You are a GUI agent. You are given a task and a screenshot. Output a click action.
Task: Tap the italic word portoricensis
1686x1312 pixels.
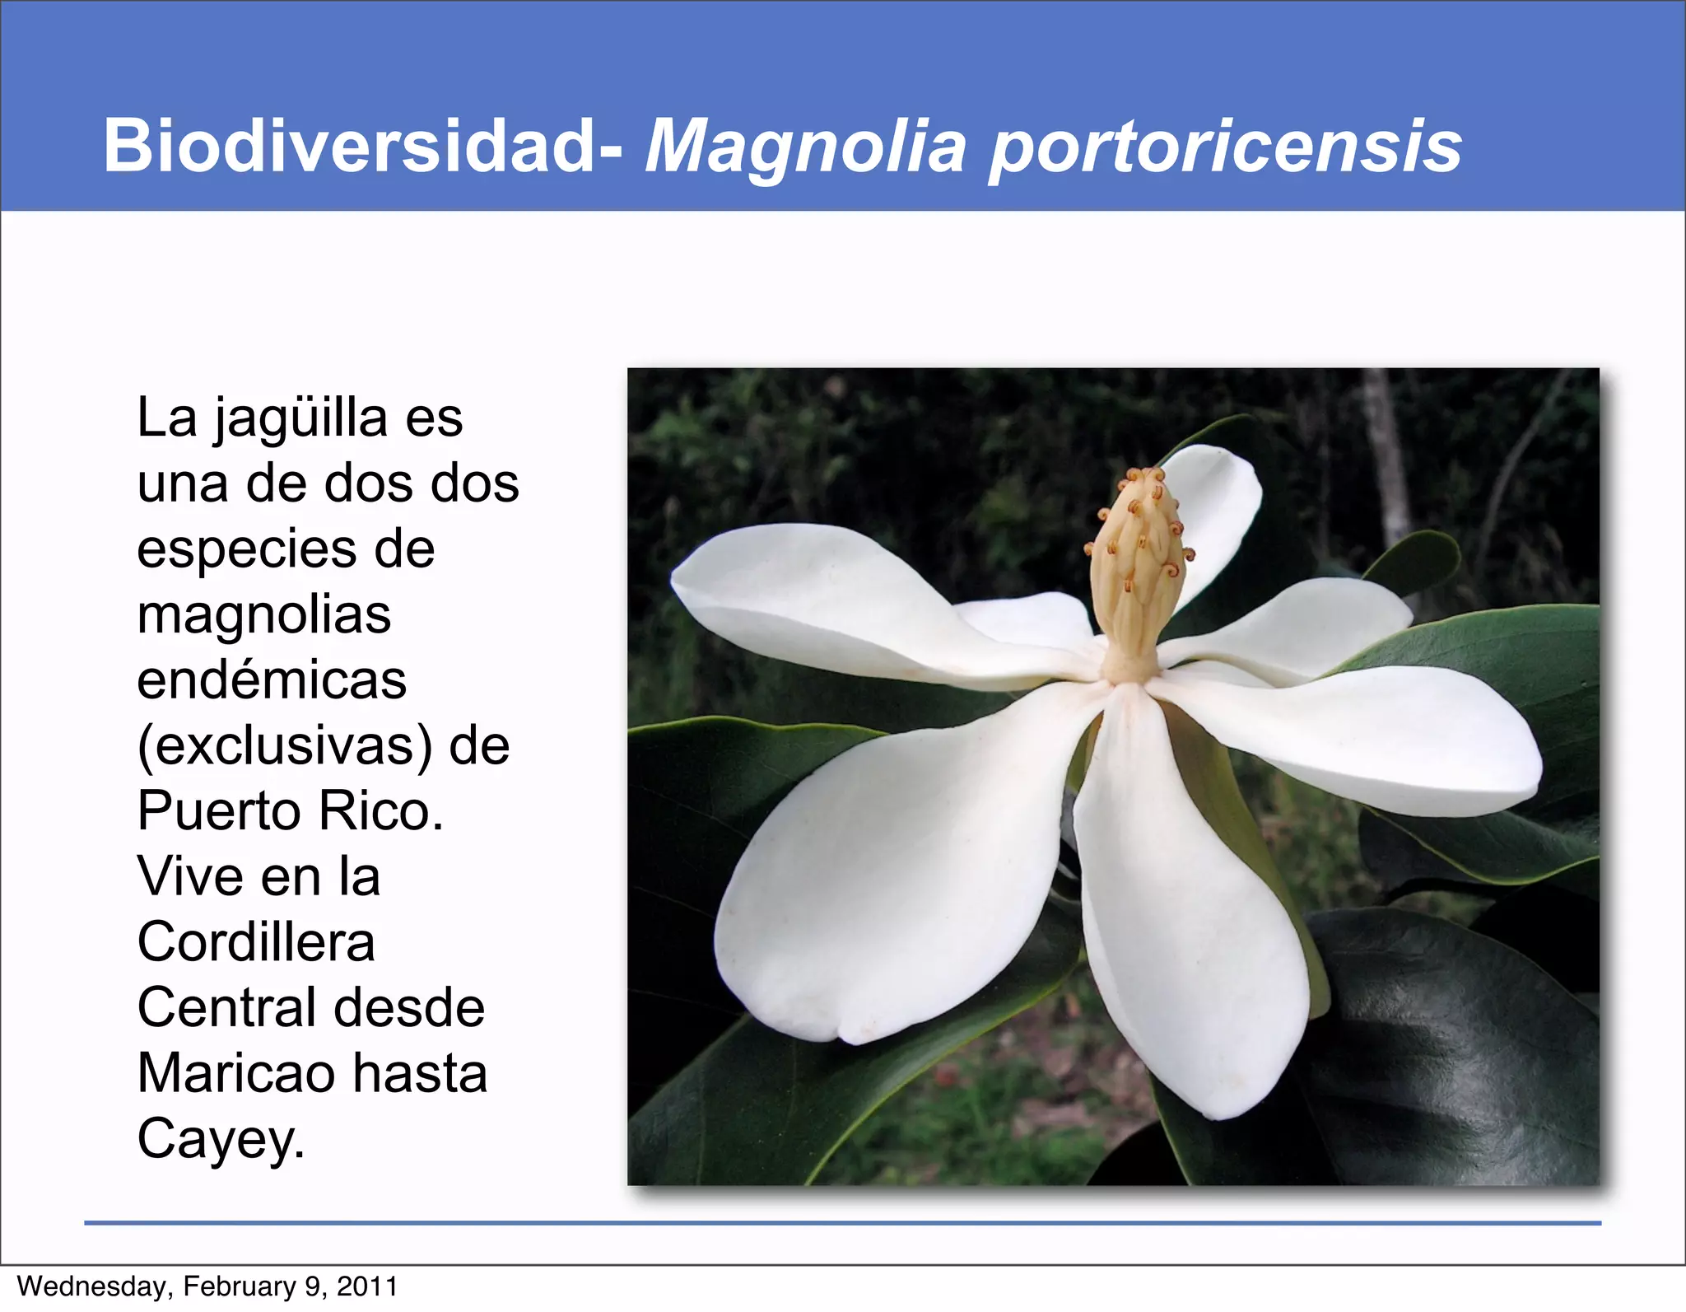pos(1224,148)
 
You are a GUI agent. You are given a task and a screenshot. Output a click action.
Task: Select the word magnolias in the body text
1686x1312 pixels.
pos(263,614)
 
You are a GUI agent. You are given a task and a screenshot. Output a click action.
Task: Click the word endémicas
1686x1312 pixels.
pos(272,680)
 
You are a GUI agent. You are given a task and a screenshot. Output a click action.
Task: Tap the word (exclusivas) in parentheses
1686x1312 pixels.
pos(285,746)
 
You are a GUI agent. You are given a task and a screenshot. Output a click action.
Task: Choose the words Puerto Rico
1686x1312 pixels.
pos(290,811)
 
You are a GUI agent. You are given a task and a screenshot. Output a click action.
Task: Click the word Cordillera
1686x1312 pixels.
pos(256,942)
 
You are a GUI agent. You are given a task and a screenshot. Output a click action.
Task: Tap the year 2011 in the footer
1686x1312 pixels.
pos(366,1286)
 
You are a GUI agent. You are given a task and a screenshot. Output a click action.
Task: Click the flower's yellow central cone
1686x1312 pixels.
pos(1138,568)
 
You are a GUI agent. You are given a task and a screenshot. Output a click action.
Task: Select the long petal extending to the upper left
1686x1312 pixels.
pos(823,601)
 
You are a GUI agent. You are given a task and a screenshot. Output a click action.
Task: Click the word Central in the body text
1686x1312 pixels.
pos(227,1008)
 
